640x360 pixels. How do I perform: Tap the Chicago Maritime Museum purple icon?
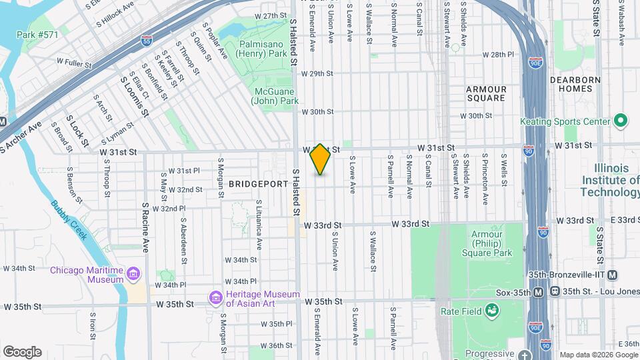click(133, 274)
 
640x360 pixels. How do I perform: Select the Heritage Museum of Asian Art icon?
click(215, 297)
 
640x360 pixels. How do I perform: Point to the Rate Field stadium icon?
click(492, 311)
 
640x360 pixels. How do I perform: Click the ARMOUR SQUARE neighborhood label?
click(486, 93)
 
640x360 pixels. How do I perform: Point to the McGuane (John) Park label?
click(274, 96)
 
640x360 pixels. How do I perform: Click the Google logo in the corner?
click(22, 351)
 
